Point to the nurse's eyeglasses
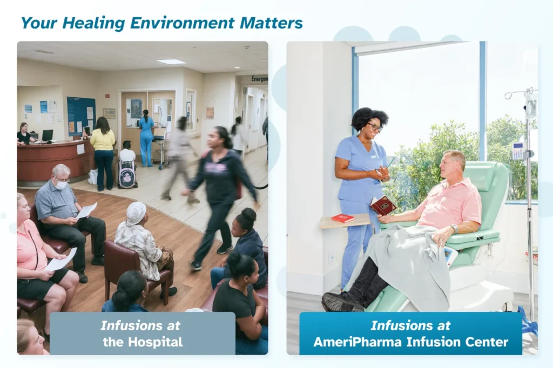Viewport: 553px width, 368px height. point(374,127)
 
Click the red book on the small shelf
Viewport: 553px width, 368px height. point(342,218)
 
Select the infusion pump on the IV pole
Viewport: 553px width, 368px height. point(518,151)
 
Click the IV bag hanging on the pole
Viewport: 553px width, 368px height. point(531,107)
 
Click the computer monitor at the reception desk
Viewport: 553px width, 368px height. point(48,135)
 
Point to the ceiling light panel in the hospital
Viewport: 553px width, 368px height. point(171,62)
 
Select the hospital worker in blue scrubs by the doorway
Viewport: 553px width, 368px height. point(146,140)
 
